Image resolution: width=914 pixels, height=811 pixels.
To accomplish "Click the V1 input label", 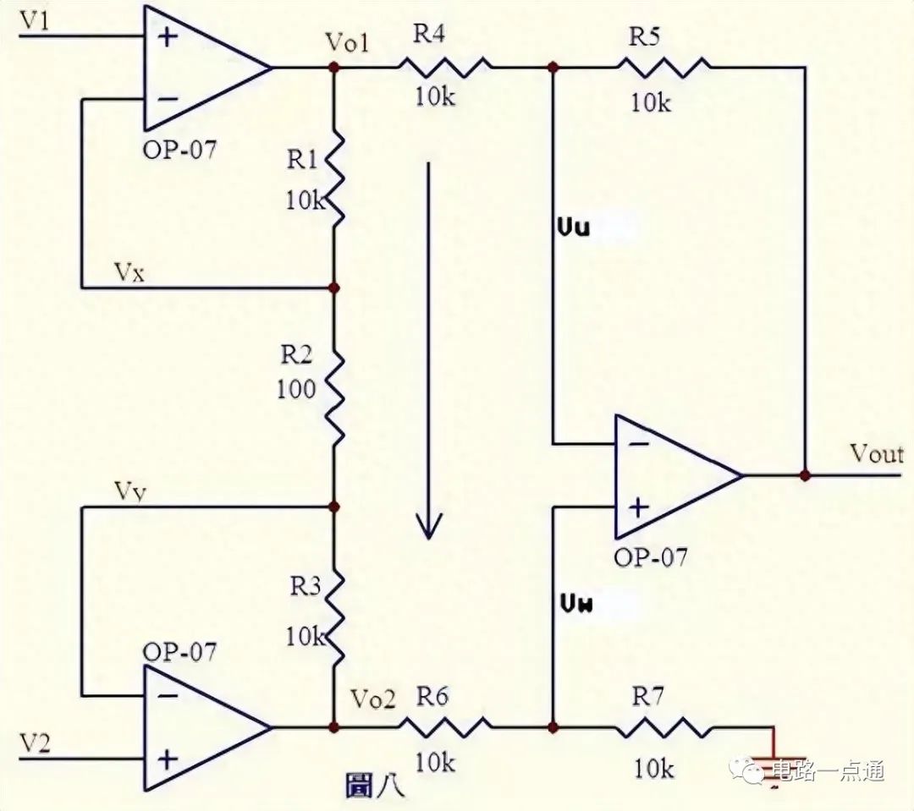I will pyautogui.click(x=36, y=20).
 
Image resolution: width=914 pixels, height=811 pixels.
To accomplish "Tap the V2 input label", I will pyautogui.click(x=36, y=743).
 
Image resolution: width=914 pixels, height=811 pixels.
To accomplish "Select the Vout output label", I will pyautogui.click(x=877, y=454).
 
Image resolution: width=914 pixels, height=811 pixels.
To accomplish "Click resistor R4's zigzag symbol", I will pyautogui.click(x=445, y=67).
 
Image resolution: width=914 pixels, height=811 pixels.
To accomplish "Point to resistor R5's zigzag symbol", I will pyautogui.click(x=664, y=67).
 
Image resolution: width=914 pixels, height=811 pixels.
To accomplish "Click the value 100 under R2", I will pyautogui.click(x=295, y=389).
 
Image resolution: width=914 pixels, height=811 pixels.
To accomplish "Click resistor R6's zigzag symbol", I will pyautogui.click(x=445, y=726).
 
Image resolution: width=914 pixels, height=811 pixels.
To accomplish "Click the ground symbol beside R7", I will pyautogui.click(x=774, y=765).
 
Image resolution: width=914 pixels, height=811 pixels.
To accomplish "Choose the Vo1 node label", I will pyautogui.click(x=348, y=43).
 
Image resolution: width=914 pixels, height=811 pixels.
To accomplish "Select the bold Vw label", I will pyautogui.click(x=577, y=604).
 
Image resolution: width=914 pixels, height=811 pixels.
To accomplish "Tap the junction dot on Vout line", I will pyautogui.click(x=805, y=475).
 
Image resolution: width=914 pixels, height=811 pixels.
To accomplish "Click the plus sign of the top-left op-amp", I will pyautogui.click(x=168, y=37).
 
